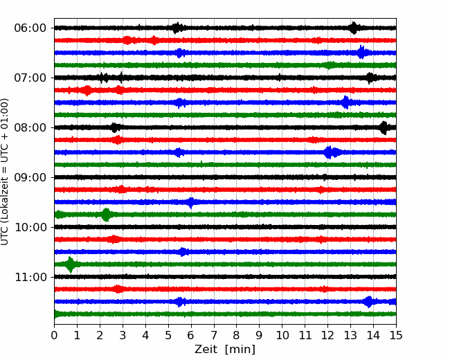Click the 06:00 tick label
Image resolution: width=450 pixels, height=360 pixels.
click(x=30, y=28)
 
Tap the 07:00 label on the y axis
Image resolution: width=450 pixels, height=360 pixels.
click(x=30, y=78)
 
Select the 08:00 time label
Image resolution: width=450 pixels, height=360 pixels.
click(x=30, y=127)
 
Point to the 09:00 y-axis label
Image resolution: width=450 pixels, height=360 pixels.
click(x=30, y=177)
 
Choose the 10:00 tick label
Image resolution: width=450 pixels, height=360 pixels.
click(x=30, y=227)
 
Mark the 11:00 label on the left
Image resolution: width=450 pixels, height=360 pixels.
click(x=30, y=277)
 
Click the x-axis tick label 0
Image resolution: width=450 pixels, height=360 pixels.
click(x=54, y=335)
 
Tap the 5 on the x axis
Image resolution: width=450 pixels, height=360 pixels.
click(x=168, y=335)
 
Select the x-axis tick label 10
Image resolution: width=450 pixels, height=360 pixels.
click(x=282, y=335)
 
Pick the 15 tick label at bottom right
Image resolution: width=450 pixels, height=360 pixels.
click(x=396, y=335)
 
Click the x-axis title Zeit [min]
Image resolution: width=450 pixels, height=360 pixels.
click(x=225, y=350)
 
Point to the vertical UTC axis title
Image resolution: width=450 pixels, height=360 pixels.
click(x=4, y=172)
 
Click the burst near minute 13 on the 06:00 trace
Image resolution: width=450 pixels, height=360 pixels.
click(x=354, y=28)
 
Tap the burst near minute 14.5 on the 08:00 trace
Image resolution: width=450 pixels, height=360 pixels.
click(x=384, y=128)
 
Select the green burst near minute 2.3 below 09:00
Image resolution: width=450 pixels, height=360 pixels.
click(x=106, y=215)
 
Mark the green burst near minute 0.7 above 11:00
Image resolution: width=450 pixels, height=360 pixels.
click(x=71, y=264)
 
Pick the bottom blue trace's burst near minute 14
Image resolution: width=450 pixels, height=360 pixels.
click(x=368, y=302)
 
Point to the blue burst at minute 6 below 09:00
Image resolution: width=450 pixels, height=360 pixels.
click(x=191, y=202)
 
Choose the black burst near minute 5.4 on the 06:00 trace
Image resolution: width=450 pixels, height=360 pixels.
click(x=177, y=28)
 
